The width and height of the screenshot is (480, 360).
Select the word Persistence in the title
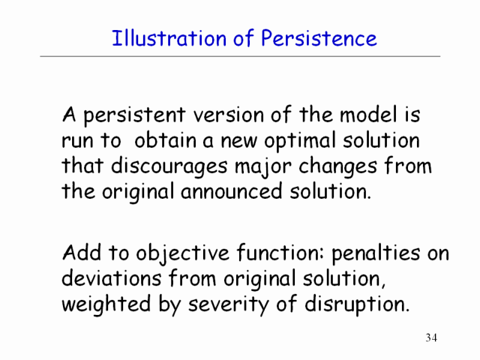(319, 38)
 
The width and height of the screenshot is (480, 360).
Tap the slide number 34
(431, 337)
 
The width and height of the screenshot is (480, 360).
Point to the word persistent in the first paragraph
(134, 115)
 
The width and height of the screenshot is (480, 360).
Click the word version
(228, 115)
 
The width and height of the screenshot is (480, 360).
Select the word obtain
(165, 140)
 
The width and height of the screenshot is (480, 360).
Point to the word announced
(232, 191)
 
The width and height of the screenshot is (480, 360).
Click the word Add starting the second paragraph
(82, 253)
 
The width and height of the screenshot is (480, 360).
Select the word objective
(182, 254)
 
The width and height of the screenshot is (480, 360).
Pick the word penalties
(376, 254)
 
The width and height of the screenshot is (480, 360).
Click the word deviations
(112, 278)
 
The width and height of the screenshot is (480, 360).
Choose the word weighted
(106, 304)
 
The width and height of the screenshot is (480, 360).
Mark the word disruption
(357, 304)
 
